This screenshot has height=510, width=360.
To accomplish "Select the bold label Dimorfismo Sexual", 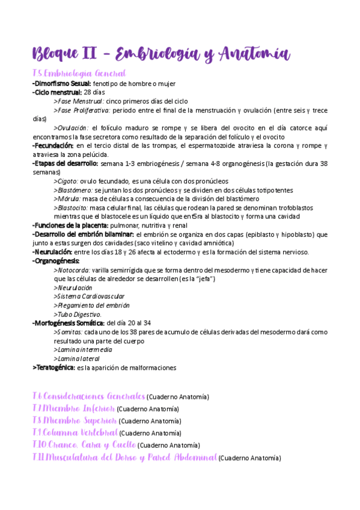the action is [62, 84].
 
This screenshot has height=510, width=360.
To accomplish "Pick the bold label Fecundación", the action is [53, 146].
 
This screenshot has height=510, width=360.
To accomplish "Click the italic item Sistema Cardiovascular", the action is [90, 296].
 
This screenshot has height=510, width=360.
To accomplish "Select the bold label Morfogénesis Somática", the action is [68, 323].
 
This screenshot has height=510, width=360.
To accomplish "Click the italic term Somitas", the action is [69, 332].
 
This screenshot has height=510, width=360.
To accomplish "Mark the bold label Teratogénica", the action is [53, 367].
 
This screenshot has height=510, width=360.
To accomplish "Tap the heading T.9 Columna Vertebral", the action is [75, 432].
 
